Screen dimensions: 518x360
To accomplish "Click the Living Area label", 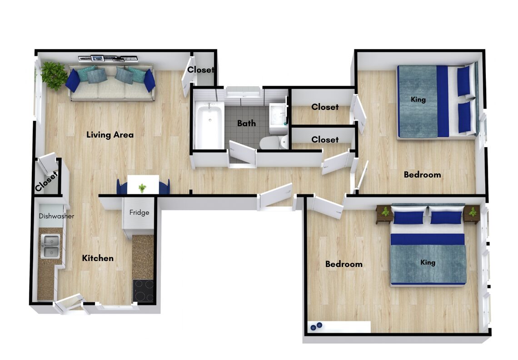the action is [x=110, y=135].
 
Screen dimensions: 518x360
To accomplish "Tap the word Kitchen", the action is [x=98, y=258].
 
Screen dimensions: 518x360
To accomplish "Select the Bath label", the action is [x=246, y=123].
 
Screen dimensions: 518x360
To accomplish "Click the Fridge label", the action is [x=139, y=212].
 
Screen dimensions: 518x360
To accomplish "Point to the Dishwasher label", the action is [x=56, y=216].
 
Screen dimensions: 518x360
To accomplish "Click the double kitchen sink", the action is [x=50, y=246].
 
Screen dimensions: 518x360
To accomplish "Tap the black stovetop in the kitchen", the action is [x=144, y=291].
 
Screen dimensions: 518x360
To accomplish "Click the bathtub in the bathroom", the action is [x=209, y=125].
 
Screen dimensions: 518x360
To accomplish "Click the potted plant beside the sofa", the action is [x=54, y=75].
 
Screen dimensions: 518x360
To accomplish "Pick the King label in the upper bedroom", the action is [x=418, y=99].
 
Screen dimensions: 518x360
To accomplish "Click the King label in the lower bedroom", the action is [x=428, y=262].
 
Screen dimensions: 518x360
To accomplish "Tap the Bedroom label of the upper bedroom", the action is [x=422, y=175].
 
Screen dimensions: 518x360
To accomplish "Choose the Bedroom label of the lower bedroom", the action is [x=344, y=264].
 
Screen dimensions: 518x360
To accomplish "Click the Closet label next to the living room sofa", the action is [x=200, y=70].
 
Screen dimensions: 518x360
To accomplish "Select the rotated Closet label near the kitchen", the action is [x=46, y=181].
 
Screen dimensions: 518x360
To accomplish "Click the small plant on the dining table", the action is [x=142, y=188].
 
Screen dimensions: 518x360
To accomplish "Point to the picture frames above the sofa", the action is [x=108, y=59].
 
